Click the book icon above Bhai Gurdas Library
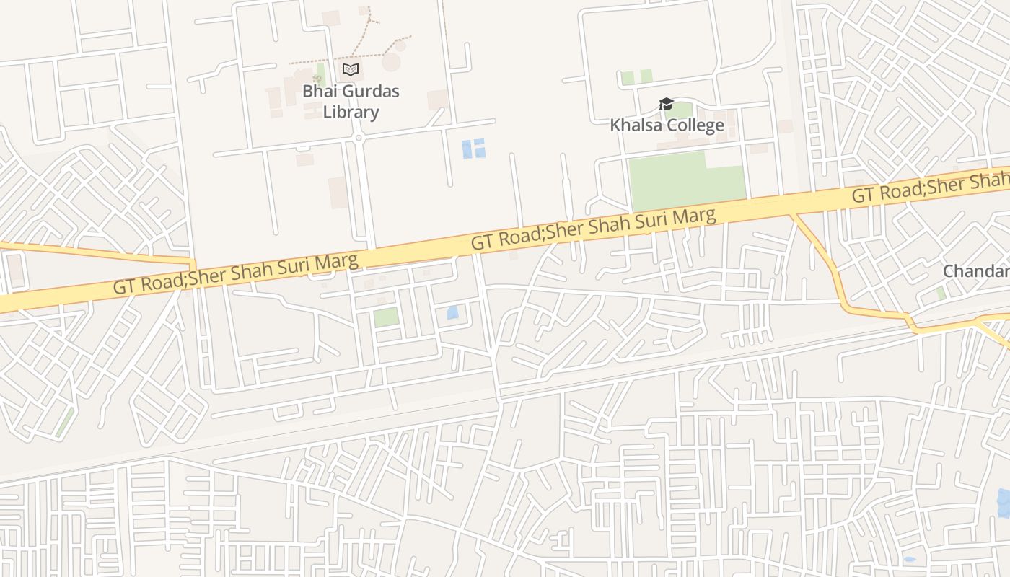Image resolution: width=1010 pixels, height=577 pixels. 351,69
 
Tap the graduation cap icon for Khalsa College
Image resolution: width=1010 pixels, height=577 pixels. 665,105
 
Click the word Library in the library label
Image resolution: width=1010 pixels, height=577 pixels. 351,112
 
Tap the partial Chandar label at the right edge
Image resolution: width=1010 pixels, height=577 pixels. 977,271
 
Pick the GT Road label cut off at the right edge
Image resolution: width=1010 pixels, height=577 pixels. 931,188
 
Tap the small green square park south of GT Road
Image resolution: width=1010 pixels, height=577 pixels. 386,317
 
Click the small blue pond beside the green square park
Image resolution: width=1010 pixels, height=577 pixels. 452,312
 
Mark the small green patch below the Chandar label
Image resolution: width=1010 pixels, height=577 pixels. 941,293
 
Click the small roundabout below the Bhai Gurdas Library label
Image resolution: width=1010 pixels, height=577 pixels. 358,137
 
